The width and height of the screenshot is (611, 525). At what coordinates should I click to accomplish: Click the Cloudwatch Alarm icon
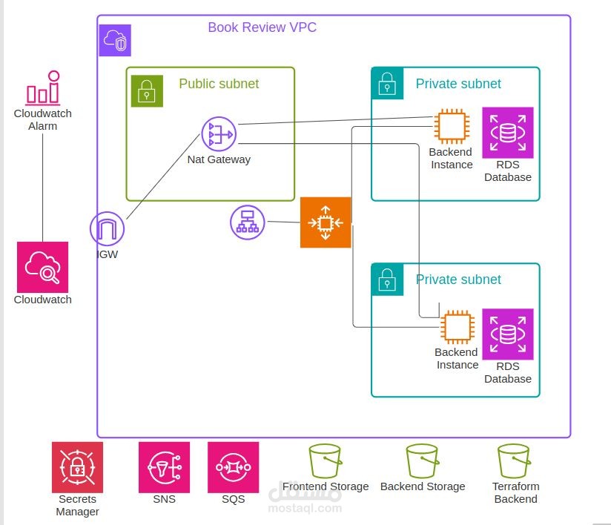tap(43, 87)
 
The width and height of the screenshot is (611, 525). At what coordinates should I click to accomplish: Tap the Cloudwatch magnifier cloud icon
tap(43, 267)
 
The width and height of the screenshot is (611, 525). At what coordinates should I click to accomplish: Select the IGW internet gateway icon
tap(108, 229)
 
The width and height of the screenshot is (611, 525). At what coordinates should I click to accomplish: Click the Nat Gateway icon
tap(219, 134)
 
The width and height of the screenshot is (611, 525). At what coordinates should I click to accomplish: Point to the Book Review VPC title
tap(262, 27)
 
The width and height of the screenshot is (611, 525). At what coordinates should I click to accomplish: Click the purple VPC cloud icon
tap(115, 40)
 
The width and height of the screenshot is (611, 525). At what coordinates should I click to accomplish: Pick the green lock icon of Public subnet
tap(147, 91)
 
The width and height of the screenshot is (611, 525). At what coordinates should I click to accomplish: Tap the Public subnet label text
tap(219, 84)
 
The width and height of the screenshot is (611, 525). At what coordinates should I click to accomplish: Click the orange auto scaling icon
tap(326, 222)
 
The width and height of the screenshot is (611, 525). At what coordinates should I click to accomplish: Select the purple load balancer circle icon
tap(248, 222)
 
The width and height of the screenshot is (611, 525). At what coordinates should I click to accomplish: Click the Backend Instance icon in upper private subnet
tap(451, 126)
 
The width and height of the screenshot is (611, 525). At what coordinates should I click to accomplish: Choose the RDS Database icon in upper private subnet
tap(508, 133)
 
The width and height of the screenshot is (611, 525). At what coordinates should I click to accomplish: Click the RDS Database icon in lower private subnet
tap(508, 334)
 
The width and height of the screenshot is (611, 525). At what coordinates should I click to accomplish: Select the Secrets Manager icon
tap(77, 467)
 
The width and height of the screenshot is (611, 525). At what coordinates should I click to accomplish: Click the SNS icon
tap(164, 467)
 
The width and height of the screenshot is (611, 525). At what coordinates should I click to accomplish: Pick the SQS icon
tap(233, 467)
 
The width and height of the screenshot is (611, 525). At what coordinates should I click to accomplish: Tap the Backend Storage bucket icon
tap(423, 461)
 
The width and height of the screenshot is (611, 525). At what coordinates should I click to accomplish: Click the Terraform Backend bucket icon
tap(514, 461)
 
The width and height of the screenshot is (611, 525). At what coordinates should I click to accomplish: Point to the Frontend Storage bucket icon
tap(325, 461)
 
